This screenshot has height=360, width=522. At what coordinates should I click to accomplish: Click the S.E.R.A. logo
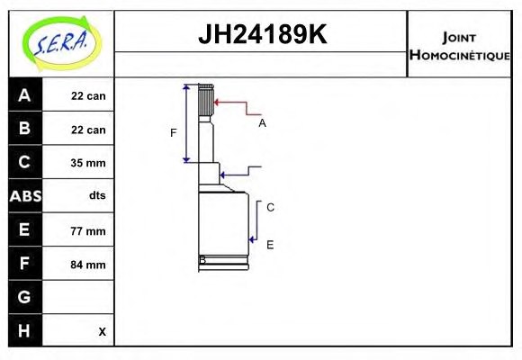pos(62,43)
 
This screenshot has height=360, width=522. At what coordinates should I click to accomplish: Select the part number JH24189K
pos(262,34)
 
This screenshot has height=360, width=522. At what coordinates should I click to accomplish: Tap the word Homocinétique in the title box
pos(460,55)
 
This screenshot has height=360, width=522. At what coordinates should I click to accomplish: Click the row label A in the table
pos(24,95)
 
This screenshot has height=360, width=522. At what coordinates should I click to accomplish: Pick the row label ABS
pos(25,196)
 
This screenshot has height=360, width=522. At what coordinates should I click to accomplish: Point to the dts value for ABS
pos(97,195)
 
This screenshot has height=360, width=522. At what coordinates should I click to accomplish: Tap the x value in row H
pos(103,332)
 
